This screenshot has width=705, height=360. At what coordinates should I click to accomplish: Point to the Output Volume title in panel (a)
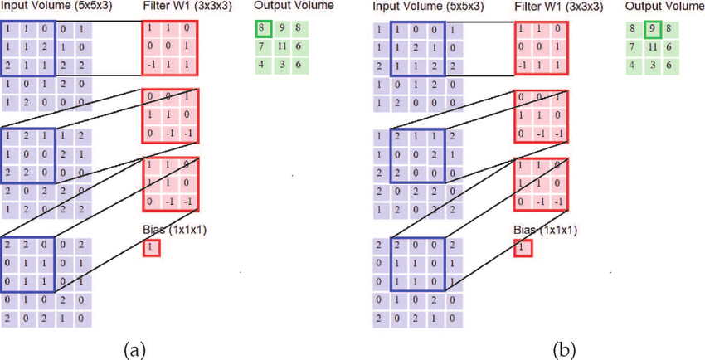tap(294, 6)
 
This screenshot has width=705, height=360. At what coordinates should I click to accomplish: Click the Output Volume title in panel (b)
tap(664, 7)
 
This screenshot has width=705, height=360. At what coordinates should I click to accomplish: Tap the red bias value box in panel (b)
tap(521, 246)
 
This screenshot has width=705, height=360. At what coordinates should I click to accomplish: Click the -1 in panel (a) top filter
tap(151, 63)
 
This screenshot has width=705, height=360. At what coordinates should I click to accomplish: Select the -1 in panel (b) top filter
tap(521, 63)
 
